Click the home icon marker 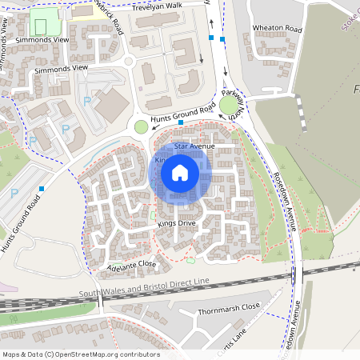(180, 173)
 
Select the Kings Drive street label (177, 223)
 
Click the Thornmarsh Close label (229, 306)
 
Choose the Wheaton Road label (278, 29)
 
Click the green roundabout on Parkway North (230, 106)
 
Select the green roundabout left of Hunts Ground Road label (142, 126)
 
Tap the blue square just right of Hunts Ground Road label (193, 122)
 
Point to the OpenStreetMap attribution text (80, 354)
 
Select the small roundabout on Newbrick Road (127, 61)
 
